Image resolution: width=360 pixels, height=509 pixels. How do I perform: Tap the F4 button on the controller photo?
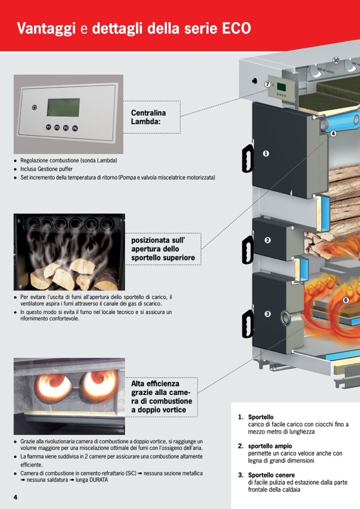click(x=75, y=128)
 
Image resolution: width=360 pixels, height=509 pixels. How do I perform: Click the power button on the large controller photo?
click(x=35, y=107)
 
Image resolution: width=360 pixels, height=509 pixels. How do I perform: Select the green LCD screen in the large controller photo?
click(x=63, y=107)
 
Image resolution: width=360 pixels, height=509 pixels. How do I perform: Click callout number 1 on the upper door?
click(x=266, y=153)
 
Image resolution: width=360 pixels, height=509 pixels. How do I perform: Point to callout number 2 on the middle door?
click(x=268, y=240)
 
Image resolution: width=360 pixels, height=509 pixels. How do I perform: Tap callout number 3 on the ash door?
click(x=268, y=314)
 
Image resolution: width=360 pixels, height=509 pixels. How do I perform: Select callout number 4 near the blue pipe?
click(x=333, y=134)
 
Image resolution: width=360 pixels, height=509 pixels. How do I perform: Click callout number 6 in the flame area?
click(x=346, y=300)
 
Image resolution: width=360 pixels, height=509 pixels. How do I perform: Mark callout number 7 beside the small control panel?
click(x=268, y=84)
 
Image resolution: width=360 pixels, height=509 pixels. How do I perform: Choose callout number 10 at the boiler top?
click(x=336, y=61)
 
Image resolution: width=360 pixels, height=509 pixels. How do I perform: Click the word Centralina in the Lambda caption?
click(x=148, y=113)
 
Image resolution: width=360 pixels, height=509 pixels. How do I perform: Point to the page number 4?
click(x=15, y=496)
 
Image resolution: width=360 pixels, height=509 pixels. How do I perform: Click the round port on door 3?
click(x=287, y=318)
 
